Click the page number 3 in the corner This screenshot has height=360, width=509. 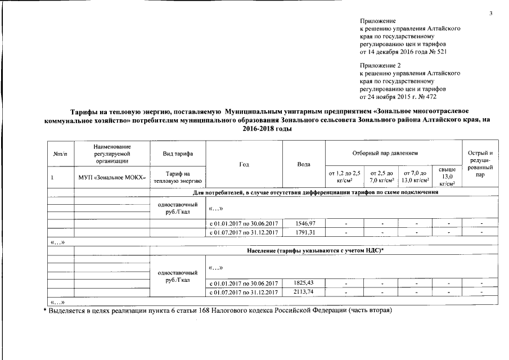coord(490,13)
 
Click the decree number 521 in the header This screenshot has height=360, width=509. coord(443,52)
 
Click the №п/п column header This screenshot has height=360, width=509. coord(60,153)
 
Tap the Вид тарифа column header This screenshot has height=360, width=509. coord(178,153)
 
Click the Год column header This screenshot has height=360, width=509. coord(244,164)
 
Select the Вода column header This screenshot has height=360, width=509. coord(304,164)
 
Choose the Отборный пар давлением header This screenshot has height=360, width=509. coord(392,153)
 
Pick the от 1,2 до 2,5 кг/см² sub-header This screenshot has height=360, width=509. coord(345,177)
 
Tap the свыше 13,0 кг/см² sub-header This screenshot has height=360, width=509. coord(448,177)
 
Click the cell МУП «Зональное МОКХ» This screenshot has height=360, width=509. coord(112,177)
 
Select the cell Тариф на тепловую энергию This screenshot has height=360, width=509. coord(178,177)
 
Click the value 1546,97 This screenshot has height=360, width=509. coord(304,223)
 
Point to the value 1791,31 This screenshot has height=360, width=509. coord(304,232)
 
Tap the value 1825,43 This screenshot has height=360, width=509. coord(304,282)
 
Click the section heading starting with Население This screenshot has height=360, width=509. coord(315,249)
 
